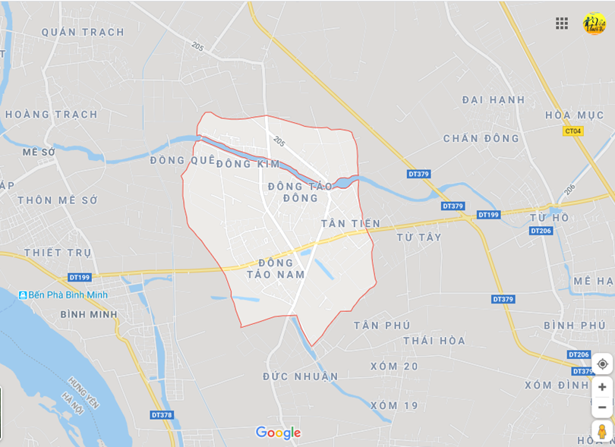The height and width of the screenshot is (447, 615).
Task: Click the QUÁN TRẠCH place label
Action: [83, 32]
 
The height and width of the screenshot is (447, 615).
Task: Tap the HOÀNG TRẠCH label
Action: [52, 115]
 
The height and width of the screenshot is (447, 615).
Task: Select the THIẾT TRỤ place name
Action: [58, 252]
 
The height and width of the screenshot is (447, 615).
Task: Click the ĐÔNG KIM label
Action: [248, 164]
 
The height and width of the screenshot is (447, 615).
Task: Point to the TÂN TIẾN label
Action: [351, 223]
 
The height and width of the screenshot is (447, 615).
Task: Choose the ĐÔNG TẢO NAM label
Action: [276, 269]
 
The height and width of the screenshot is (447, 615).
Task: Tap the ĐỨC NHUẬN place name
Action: [301, 376]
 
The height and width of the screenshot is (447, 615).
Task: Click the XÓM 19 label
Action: [394, 405]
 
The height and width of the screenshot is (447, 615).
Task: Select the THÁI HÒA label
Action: [434, 340]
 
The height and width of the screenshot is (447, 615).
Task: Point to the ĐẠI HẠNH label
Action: [494, 99]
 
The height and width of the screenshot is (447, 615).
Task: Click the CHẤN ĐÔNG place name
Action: [481, 138]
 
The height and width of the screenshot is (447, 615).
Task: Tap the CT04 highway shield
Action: [573, 131]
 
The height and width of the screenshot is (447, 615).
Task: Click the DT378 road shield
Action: [162, 414]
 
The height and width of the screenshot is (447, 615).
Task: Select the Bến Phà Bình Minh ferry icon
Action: [24, 294]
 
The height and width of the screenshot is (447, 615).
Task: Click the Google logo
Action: [278, 433]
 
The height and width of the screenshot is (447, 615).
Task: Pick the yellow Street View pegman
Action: [602, 432]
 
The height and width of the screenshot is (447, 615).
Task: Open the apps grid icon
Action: [562, 24]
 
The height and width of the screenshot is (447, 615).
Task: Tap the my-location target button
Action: [602, 364]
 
